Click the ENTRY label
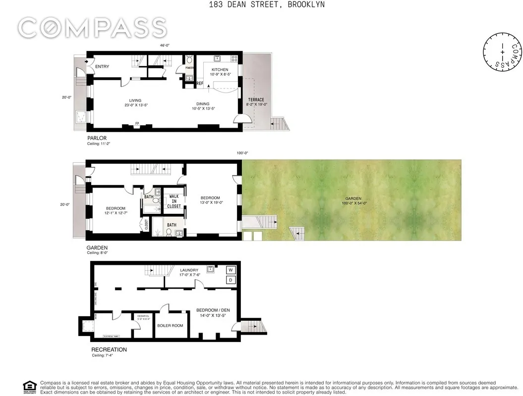102,67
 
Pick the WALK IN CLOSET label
174,201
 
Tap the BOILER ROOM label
170,326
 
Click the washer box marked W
231,270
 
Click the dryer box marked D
231,280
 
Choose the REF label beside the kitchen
200,84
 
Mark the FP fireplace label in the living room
137,123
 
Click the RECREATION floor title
109,349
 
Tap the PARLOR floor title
97,138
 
